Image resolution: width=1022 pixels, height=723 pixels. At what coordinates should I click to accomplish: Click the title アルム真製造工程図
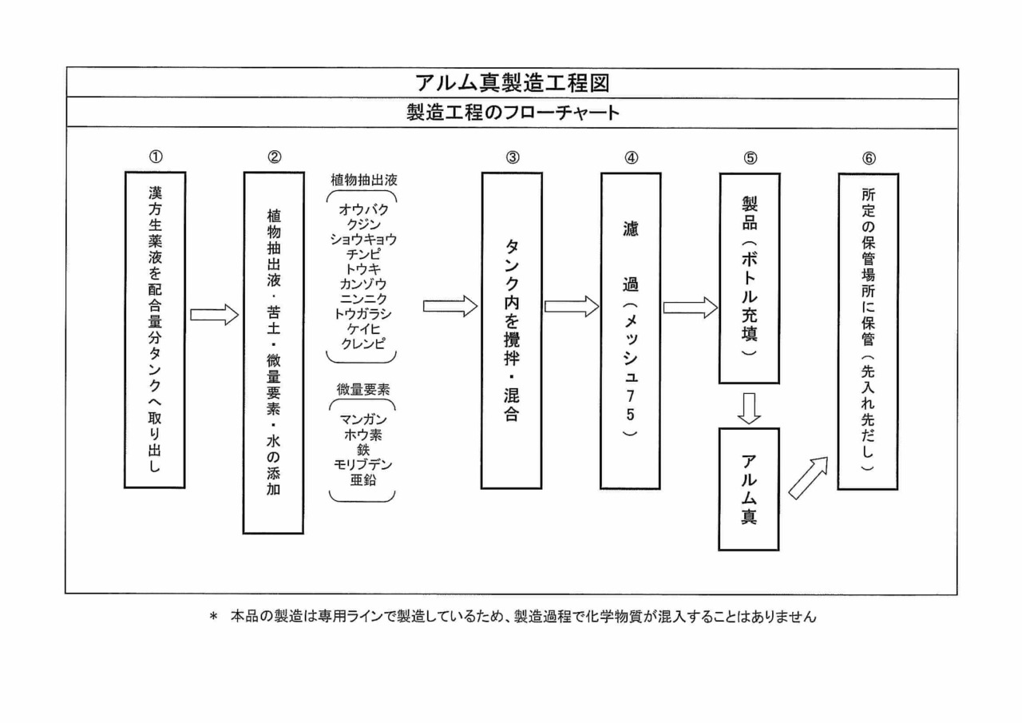point(512,82)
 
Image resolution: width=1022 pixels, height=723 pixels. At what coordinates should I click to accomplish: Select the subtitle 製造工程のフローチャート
point(512,113)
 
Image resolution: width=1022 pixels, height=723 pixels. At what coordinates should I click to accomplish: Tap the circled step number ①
point(155,157)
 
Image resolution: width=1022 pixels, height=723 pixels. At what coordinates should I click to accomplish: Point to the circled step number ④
point(631,157)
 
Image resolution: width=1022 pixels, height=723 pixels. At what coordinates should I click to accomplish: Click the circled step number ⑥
point(868,157)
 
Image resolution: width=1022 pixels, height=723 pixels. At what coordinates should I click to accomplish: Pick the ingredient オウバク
point(363,210)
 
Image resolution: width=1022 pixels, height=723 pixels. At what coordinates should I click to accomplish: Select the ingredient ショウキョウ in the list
point(363,238)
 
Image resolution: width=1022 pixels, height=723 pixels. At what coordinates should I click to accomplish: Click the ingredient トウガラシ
point(363,313)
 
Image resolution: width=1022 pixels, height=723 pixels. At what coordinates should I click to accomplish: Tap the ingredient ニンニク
point(363,298)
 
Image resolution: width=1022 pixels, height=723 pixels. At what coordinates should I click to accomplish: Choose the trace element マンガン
point(363,419)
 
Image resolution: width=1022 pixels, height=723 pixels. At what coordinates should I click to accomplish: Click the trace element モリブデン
point(363,464)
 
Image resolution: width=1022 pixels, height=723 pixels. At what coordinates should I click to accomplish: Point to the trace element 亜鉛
point(363,480)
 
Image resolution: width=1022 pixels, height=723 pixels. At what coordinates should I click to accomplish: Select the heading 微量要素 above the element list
point(363,390)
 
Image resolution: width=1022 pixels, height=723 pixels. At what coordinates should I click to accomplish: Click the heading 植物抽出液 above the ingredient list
point(363,180)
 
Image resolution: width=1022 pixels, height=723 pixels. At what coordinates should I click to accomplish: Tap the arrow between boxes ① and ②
point(214,315)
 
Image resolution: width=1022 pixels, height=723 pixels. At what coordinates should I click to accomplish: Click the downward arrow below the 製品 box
point(748,407)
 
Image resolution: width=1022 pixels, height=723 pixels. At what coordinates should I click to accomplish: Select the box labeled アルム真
point(748,489)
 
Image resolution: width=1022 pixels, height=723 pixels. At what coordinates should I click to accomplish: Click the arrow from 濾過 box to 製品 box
point(690,308)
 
